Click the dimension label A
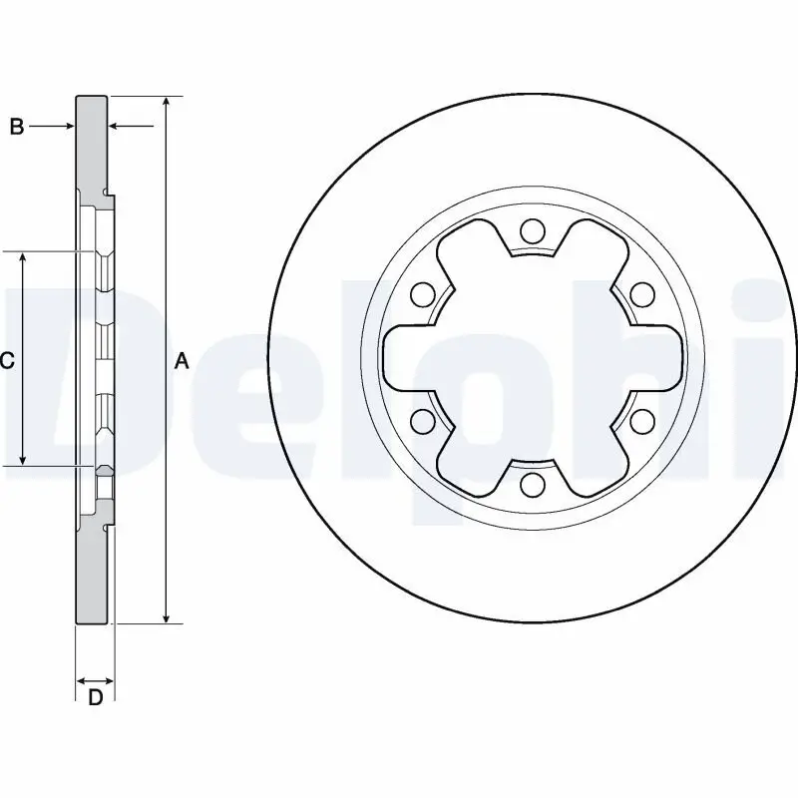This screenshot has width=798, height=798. [x=182, y=361]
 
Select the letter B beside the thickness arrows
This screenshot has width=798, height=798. [x=16, y=127]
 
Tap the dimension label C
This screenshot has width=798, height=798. [x=7, y=361]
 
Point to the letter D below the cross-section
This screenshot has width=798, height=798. [x=95, y=698]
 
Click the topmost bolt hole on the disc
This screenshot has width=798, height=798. [x=533, y=232]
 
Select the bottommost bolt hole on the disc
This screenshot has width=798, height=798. [x=533, y=485]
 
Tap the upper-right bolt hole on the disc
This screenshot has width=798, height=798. [x=642, y=294]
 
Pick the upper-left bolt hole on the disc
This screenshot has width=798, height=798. [x=423, y=294]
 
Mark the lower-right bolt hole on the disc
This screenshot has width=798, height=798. [x=642, y=421]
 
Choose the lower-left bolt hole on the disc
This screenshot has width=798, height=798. [x=423, y=421]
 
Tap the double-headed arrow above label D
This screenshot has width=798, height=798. [x=95, y=679]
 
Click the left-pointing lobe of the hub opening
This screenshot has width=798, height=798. [x=399, y=358]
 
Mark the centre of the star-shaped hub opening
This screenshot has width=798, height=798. [x=533, y=358]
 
